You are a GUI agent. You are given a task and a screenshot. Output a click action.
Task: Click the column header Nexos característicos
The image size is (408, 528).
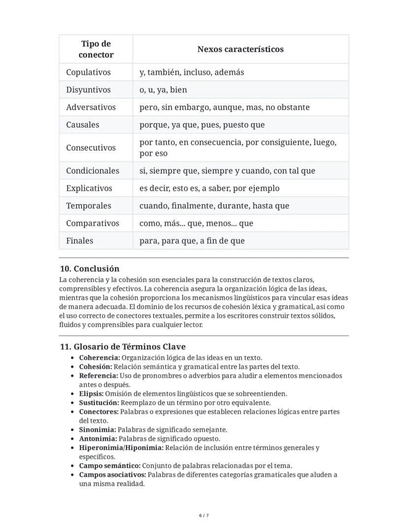click(x=240, y=49)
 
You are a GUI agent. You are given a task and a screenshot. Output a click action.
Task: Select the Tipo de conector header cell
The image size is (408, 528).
click(x=96, y=49)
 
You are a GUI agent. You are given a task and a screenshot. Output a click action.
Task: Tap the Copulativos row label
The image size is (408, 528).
click(x=89, y=72)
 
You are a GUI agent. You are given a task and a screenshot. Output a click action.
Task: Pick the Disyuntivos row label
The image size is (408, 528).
click(x=89, y=90)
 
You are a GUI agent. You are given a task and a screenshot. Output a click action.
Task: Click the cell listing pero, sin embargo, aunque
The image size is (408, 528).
click(x=224, y=107)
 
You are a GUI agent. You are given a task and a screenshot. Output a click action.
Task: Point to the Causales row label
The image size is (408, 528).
click(x=83, y=125)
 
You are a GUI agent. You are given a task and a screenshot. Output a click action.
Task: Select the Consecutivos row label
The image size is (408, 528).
click(x=91, y=148)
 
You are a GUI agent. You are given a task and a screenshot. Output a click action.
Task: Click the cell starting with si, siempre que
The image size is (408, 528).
click(x=227, y=171)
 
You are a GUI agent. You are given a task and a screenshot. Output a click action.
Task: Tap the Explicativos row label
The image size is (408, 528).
click(x=89, y=188)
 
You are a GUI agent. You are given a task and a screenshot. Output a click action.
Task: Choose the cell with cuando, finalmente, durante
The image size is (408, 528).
click(x=214, y=206)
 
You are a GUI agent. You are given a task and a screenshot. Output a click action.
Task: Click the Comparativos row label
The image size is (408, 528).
click(x=93, y=223)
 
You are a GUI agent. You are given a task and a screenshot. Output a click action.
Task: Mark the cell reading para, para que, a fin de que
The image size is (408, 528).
click(x=192, y=241)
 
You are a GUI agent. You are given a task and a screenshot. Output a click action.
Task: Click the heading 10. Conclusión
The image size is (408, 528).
click(x=89, y=269)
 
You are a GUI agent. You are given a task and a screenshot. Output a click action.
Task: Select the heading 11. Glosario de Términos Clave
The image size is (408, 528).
click(x=123, y=347)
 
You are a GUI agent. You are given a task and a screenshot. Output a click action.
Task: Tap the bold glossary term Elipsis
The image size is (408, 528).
click(x=91, y=393)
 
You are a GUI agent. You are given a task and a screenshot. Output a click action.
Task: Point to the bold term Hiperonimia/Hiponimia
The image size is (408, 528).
click(x=121, y=448)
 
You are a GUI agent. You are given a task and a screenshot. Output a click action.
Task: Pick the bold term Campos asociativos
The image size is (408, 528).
click(x=112, y=475)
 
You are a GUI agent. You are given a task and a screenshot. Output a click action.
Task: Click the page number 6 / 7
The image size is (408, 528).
click(x=204, y=516)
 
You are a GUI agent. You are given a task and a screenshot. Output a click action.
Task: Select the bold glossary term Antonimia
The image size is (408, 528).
click(x=98, y=439)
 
